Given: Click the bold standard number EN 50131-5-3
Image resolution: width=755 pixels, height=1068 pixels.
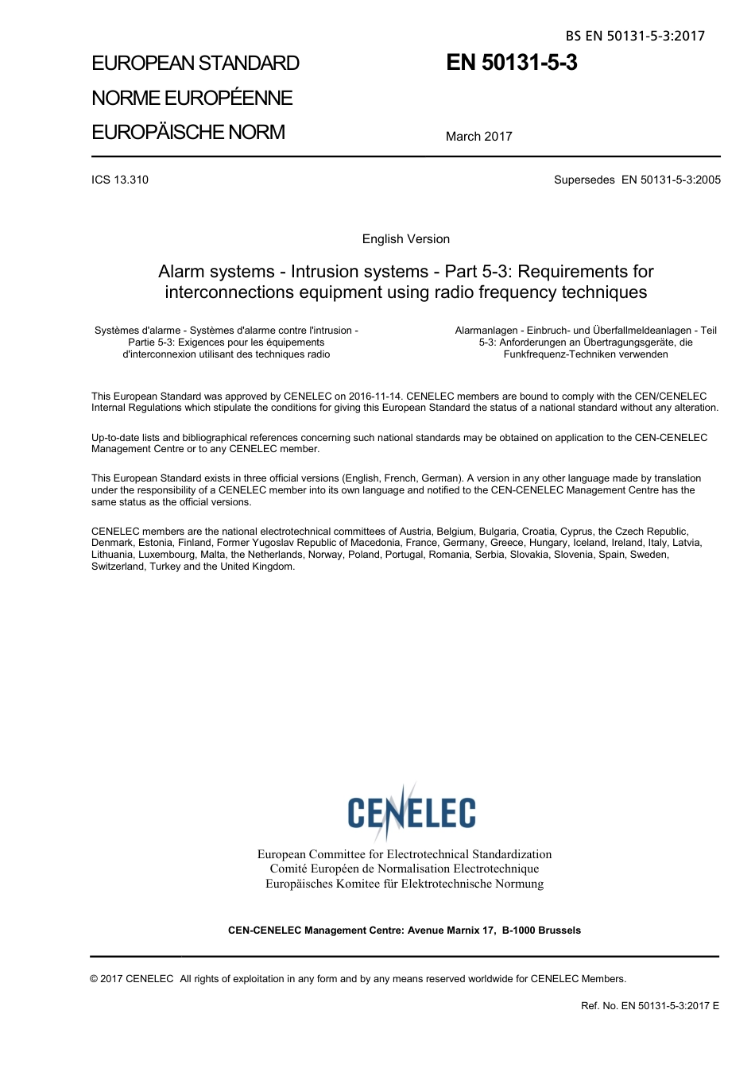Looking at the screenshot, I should point(511,63).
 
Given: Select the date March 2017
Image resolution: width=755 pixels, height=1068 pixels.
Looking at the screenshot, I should point(478,137).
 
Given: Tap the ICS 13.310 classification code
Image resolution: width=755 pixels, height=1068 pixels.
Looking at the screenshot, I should point(120,180).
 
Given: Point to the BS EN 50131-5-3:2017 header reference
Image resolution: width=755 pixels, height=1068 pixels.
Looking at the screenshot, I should point(635,36).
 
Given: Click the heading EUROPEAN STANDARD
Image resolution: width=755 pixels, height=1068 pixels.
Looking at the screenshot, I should point(196,64).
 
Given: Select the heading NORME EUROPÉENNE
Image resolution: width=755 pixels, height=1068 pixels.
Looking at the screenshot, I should point(192,98).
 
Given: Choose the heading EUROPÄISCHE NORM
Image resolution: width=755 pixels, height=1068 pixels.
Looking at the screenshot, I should point(188,132).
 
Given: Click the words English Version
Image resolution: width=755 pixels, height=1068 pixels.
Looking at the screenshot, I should point(405,239).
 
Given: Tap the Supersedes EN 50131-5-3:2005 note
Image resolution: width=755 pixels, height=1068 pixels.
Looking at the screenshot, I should point(637,180).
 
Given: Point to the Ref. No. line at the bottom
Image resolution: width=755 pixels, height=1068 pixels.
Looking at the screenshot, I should point(649,1006).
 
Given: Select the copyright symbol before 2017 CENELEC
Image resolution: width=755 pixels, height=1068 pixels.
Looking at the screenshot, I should point(95,979).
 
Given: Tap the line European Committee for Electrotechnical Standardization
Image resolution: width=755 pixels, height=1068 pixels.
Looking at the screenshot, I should point(404,854).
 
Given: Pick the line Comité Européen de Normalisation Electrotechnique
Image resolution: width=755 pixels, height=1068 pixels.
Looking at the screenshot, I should point(404,869).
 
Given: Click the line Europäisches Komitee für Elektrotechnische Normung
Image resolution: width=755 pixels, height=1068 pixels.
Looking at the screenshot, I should point(404,884).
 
